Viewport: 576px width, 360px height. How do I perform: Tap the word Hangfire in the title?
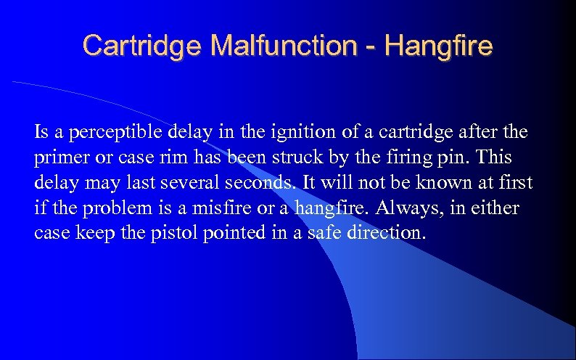pos(440,45)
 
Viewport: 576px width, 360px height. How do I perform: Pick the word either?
pos(495,209)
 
